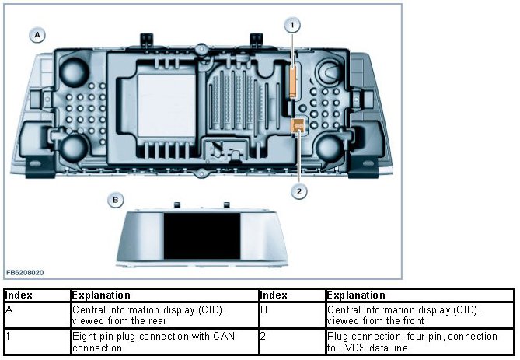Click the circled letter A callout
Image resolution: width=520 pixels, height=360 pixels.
[x=37, y=34]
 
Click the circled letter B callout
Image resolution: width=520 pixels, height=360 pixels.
[x=115, y=200]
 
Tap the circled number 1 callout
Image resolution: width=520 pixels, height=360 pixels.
[x=292, y=25]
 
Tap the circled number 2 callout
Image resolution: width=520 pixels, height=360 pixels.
[x=298, y=189]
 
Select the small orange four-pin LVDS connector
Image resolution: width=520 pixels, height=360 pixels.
[x=297, y=126]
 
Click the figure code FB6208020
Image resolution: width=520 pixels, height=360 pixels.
[x=25, y=273]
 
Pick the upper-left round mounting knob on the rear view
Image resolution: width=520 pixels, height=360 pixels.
[x=75, y=72]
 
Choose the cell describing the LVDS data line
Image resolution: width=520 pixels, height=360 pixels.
[x=412, y=341]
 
